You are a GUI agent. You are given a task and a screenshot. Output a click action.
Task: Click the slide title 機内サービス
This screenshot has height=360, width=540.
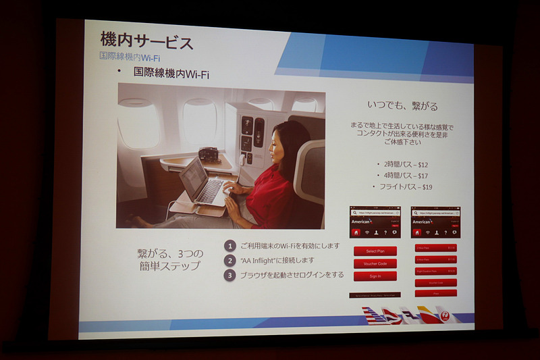(146, 41)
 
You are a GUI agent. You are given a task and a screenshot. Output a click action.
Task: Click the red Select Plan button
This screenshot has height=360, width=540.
(375, 251)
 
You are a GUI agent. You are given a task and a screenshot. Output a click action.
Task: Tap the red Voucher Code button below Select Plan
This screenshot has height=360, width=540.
(375, 263)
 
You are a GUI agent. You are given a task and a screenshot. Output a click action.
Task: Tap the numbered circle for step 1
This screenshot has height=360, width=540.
(230, 246)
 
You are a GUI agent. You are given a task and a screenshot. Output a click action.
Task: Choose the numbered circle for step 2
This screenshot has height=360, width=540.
(230, 260)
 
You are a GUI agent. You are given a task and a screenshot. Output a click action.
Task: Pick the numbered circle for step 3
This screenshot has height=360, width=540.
(230, 274)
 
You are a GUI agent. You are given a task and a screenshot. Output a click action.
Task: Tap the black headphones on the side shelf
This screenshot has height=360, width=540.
(209, 155)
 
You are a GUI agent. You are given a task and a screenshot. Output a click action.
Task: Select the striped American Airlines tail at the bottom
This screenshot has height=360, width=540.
(375, 315)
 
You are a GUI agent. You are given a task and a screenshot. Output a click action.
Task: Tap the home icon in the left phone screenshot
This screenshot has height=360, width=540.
(356, 232)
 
